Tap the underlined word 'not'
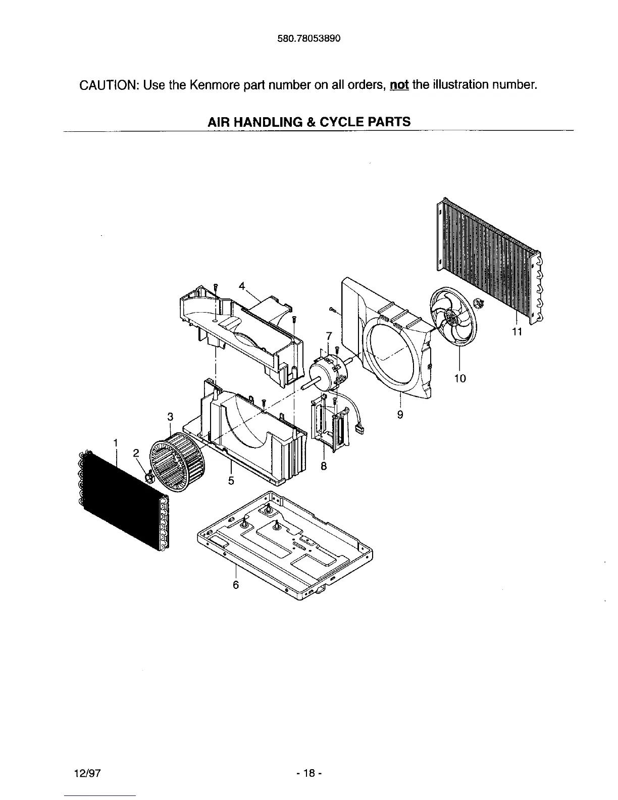pos(399,84)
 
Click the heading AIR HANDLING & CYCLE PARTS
pos(310,122)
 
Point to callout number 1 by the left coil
pos(116,442)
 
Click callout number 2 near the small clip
pos(135,453)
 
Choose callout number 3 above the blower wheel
pos(170,417)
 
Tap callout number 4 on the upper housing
pos(242,286)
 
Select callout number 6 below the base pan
pos(235,585)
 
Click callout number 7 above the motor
pos(329,335)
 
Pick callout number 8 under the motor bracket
pos(324,467)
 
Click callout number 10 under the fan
pos(459,378)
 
